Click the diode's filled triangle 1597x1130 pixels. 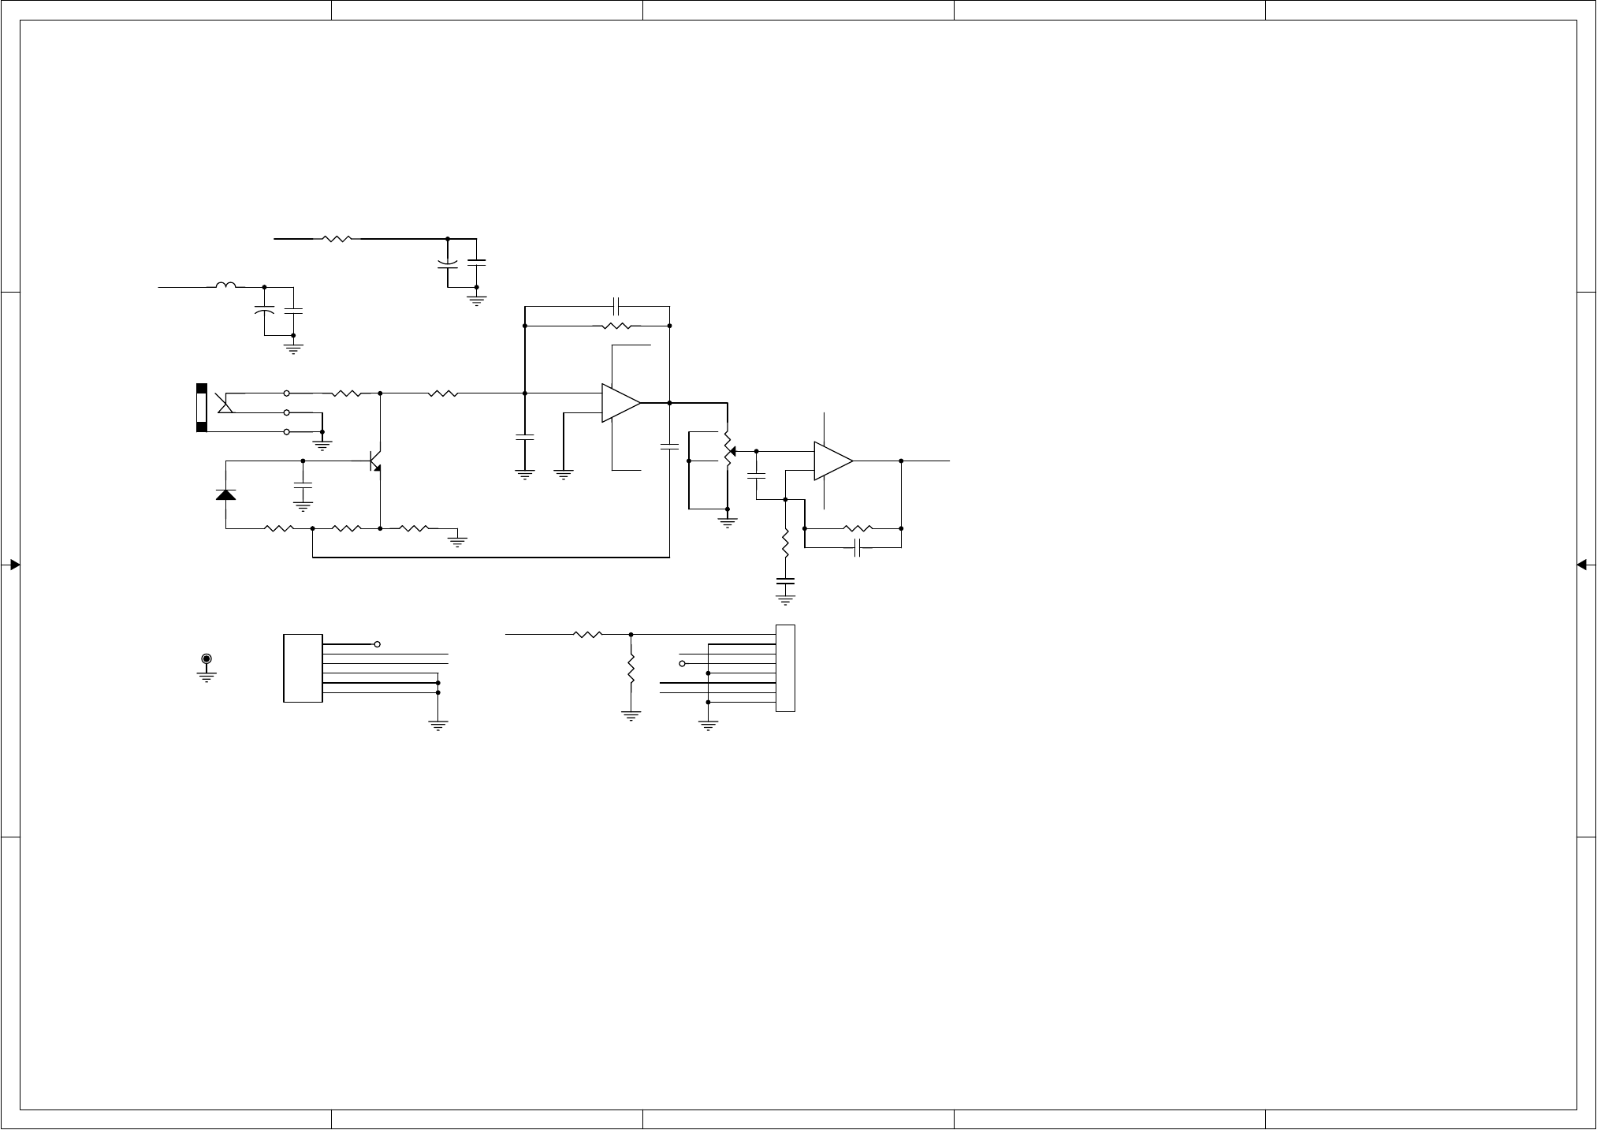pos(226,494)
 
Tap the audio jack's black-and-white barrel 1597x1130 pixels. pos(202,408)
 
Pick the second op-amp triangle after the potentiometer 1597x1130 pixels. pos(832,461)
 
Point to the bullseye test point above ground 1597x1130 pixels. pos(207,658)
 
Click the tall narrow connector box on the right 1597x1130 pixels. pos(785,668)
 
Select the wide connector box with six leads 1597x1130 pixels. pos(303,668)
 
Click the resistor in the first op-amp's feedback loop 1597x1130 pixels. pos(616,326)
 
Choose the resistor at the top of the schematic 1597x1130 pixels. pos(337,237)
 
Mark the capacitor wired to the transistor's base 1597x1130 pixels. pos(303,484)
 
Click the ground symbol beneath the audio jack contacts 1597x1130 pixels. pos(322,445)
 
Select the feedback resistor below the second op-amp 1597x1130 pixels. pos(858,528)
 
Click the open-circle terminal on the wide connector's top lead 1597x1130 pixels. pos(378,644)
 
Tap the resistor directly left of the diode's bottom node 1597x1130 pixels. pos(279,528)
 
